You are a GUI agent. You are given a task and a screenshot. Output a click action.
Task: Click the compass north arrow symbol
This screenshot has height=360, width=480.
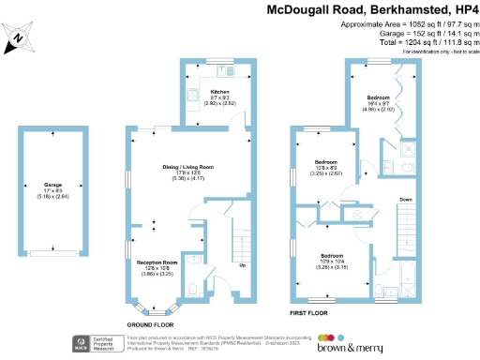20,38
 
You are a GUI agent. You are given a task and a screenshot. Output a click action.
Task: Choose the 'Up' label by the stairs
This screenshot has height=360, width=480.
244,265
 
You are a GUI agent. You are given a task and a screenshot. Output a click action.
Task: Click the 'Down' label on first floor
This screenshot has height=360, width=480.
405,200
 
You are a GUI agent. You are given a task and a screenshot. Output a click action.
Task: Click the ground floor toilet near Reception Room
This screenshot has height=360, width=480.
190,287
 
